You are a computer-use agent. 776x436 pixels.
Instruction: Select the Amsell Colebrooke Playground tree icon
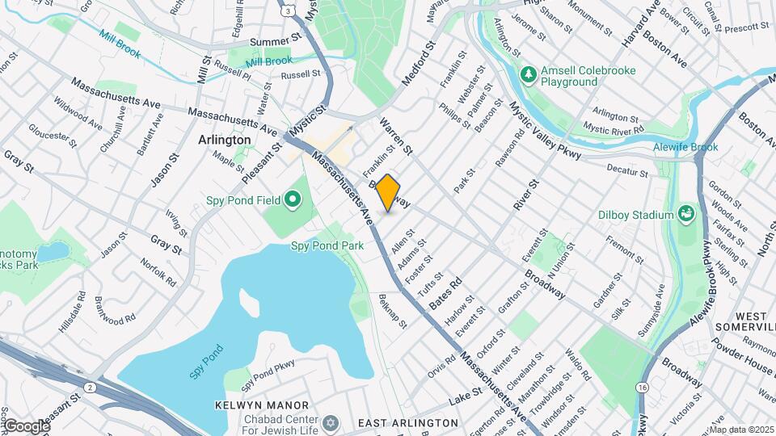529,75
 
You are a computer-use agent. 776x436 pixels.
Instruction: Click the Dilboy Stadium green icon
686,214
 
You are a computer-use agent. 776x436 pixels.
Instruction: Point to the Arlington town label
224,140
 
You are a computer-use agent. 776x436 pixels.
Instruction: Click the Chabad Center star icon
329,423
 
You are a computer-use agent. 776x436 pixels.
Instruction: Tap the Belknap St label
393,310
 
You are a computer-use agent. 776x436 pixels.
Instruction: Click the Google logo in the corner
27,426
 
